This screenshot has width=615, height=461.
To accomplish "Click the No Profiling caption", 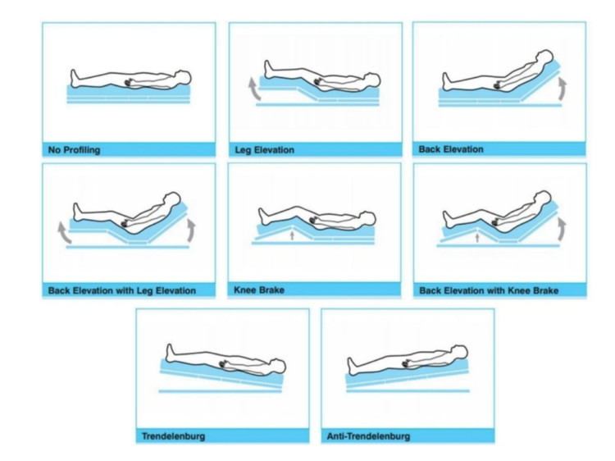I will [x=75, y=151].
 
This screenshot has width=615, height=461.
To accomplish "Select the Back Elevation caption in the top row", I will [x=451, y=149].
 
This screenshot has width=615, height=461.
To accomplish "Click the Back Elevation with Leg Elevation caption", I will [x=121, y=290].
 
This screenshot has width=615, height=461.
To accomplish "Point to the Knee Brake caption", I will [x=260, y=290].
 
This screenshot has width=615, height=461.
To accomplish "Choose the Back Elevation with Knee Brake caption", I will [x=489, y=290].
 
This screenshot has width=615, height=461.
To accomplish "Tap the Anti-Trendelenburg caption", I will [x=367, y=436].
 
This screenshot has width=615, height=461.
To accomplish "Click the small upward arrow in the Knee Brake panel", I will [x=293, y=236].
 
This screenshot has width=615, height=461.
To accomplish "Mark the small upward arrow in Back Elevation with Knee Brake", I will [x=478, y=237].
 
